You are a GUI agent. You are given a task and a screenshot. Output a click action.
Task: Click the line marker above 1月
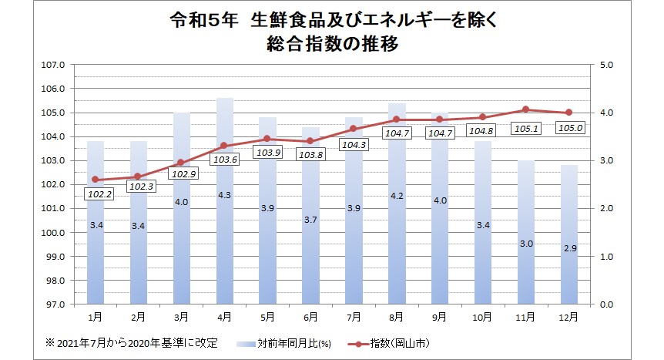tap(96, 180)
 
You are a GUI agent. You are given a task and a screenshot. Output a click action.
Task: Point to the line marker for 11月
tap(525, 109)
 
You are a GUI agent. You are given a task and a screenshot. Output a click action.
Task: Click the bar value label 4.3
tap(224, 196)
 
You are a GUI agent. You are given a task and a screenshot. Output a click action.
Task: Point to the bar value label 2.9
tap(568, 249)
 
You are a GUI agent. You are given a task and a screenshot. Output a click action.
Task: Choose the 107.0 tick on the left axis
tap(52, 66)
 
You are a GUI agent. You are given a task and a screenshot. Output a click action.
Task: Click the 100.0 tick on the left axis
tap(52, 233)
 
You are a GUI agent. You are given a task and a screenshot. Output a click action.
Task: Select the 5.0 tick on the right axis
tap(605, 66)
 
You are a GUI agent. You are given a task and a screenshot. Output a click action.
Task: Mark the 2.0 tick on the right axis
tap(605, 209)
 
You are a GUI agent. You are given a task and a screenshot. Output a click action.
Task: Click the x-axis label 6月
tap(310, 317)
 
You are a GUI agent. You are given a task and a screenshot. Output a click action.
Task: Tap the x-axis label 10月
tap(482, 317)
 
